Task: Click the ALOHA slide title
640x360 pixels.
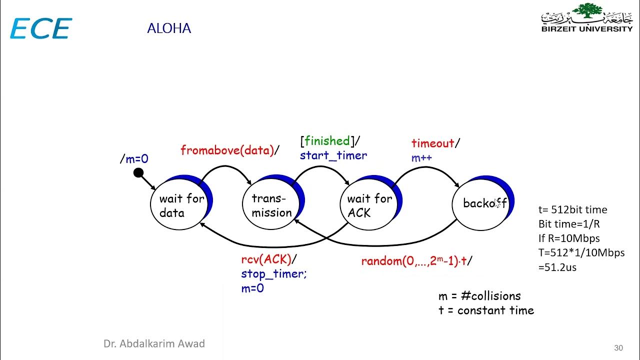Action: (169, 28)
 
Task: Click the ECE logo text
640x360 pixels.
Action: (41, 28)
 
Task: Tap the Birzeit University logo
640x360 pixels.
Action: (587, 17)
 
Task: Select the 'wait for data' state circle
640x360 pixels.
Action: (179, 204)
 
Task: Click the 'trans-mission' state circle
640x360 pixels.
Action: (271, 204)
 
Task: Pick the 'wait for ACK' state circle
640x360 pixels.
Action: (369, 204)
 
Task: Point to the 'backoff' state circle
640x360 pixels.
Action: (481, 205)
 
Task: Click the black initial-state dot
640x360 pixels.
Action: (138, 173)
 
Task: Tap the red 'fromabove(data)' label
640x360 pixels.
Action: (227, 150)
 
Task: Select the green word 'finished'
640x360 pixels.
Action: (327, 141)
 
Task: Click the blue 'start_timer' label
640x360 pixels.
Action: (333, 155)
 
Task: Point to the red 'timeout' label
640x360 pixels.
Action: (433, 143)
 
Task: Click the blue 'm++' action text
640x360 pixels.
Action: (421, 157)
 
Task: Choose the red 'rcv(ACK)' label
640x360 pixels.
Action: (266, 259)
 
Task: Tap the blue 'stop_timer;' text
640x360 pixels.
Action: (274, 273)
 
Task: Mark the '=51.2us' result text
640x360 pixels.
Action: (557, 267)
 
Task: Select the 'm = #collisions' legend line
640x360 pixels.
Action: (479, 296)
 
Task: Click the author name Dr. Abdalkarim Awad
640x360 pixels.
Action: (154, 343)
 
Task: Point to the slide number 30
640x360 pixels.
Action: (618, 347)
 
